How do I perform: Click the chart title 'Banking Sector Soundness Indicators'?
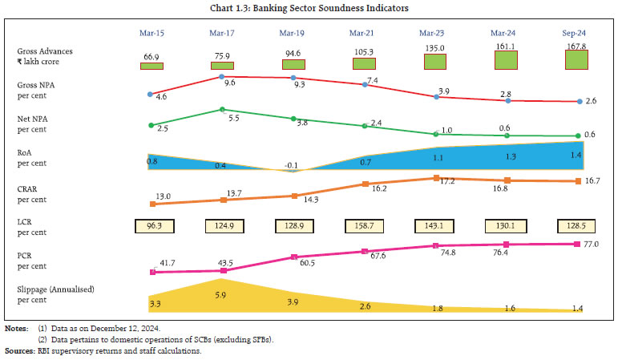[309, 9]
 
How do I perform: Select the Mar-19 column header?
[293, 33]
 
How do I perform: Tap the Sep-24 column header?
[576, 33]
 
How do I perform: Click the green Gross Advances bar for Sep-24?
[576, 60]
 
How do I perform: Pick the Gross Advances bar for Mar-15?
[151, 66]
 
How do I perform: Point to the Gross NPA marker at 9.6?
[222, 76]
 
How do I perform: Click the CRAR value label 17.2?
[446, 184]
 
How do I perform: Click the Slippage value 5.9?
[222, 293]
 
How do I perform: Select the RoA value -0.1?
[293, 165]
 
